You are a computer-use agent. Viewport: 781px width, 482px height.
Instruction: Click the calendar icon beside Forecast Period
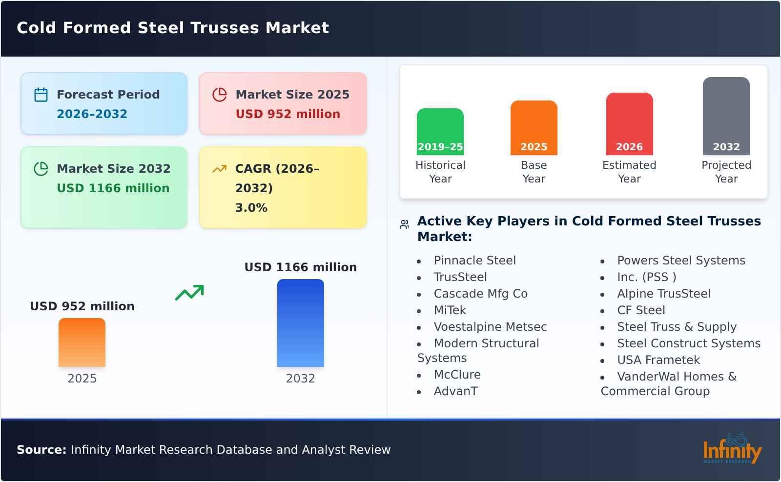point(41,95)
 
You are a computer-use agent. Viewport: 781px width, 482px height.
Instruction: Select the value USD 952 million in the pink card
point(288,114)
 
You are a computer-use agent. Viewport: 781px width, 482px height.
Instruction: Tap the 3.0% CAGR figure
point(251,208)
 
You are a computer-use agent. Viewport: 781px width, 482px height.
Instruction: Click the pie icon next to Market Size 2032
point(41,169)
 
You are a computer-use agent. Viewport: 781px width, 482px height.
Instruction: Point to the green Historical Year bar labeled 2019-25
point(440,132)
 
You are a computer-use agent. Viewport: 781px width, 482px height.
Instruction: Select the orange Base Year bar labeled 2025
point(534,128)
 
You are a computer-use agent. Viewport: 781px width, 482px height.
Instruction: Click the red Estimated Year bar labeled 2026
point(629,124)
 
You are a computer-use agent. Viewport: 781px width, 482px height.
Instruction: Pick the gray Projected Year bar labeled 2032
point(726,116)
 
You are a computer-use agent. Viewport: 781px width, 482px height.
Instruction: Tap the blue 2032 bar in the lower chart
point(300,323)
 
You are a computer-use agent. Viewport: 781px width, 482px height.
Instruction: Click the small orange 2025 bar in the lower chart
point(82,342)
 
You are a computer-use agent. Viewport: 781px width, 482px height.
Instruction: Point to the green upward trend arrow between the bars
point(189,293)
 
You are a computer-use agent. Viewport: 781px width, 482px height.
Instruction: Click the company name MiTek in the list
point(450,310)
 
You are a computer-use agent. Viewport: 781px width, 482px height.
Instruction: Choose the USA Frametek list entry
point(658,360)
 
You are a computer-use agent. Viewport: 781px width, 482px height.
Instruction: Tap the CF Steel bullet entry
point(640,310)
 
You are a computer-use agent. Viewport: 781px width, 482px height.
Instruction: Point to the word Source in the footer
point(41,450)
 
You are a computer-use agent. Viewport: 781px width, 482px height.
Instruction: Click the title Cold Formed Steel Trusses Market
point(173,28)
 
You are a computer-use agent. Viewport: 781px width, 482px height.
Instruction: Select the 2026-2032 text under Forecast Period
point(92,114)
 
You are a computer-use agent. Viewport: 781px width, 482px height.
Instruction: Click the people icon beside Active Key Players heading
point(404,224)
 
